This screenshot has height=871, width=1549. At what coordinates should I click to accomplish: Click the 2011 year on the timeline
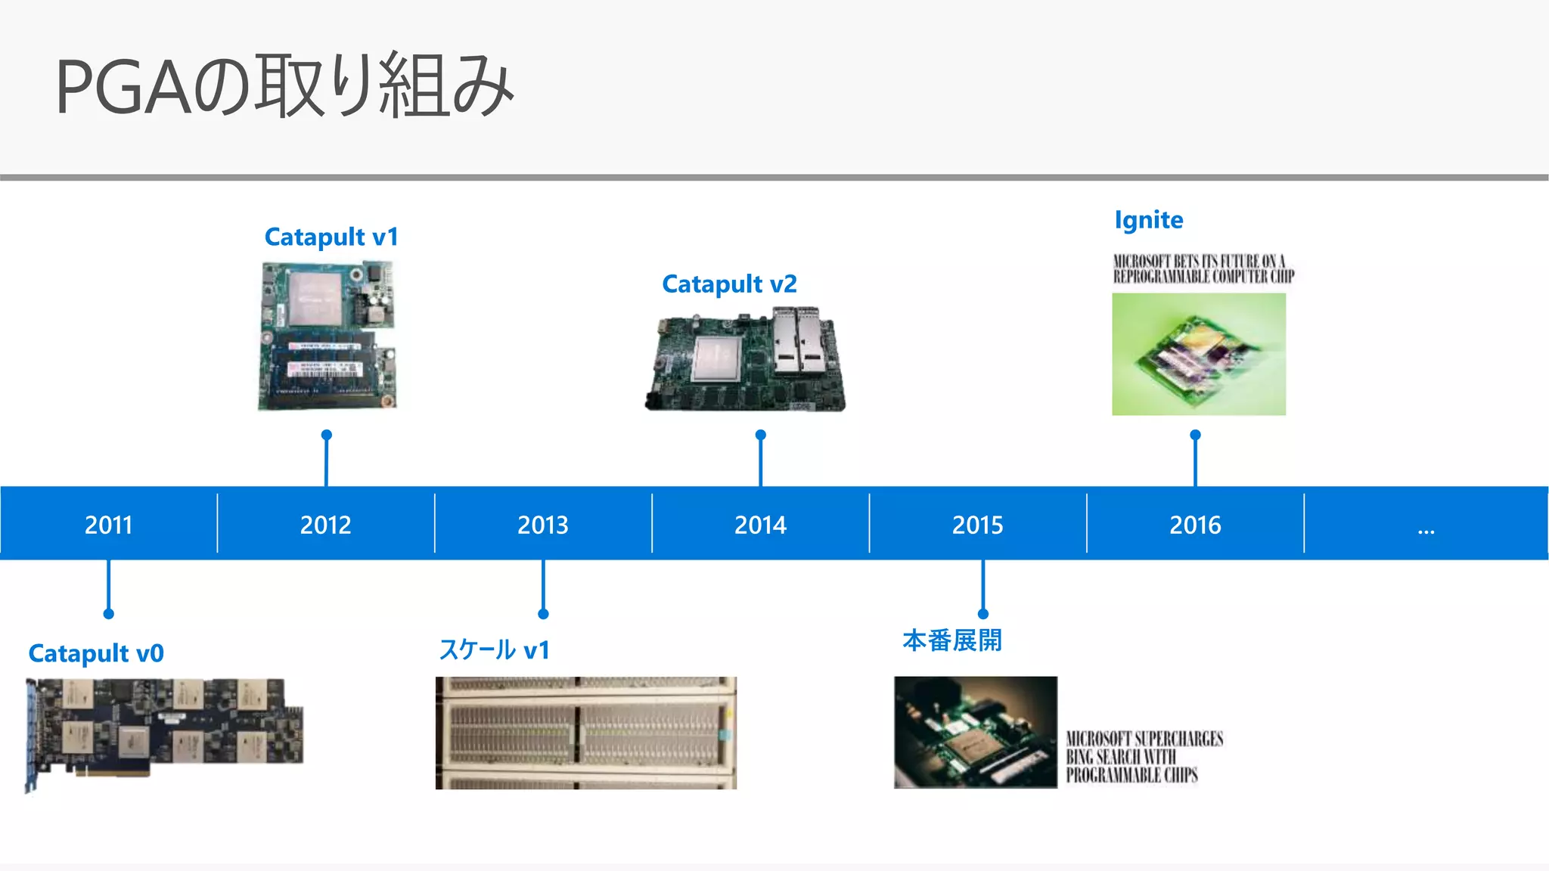[x=108, y=525]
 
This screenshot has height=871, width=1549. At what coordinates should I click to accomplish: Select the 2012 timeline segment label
[x=325, y=525]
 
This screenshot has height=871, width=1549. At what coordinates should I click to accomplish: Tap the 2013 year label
[x=542, y=525]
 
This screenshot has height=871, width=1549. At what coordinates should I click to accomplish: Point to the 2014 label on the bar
[x=760, y=525]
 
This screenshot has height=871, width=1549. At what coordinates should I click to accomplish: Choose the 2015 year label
[x=977, y=525]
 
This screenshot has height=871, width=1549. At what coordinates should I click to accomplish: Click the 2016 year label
[x=1195, y=525]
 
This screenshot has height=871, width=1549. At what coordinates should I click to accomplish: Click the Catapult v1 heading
[x=331, y=237]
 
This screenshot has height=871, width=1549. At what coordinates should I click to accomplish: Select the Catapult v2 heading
[x=729, y=284]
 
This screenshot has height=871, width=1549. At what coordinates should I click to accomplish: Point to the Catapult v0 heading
[x=96, y=653]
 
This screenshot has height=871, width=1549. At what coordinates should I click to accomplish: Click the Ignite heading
[x=1148, y=220]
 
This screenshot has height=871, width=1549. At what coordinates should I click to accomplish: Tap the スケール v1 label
[x=495, y=650]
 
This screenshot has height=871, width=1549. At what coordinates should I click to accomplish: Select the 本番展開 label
[x=952, y=640]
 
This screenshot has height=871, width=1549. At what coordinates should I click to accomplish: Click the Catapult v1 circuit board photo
[x=327, y=336]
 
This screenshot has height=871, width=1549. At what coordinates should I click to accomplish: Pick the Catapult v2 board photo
[x=745, y=360]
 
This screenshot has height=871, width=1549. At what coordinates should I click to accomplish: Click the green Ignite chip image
[x=1198, y=354]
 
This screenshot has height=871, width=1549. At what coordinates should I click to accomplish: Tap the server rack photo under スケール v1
[x=585, y=733]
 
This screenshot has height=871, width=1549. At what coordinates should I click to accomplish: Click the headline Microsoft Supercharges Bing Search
[x=1144, y=756]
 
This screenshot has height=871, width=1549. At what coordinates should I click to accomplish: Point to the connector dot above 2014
[x=761, y=435]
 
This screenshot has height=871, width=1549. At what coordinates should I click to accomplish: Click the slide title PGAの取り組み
[x=284, y=86]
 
